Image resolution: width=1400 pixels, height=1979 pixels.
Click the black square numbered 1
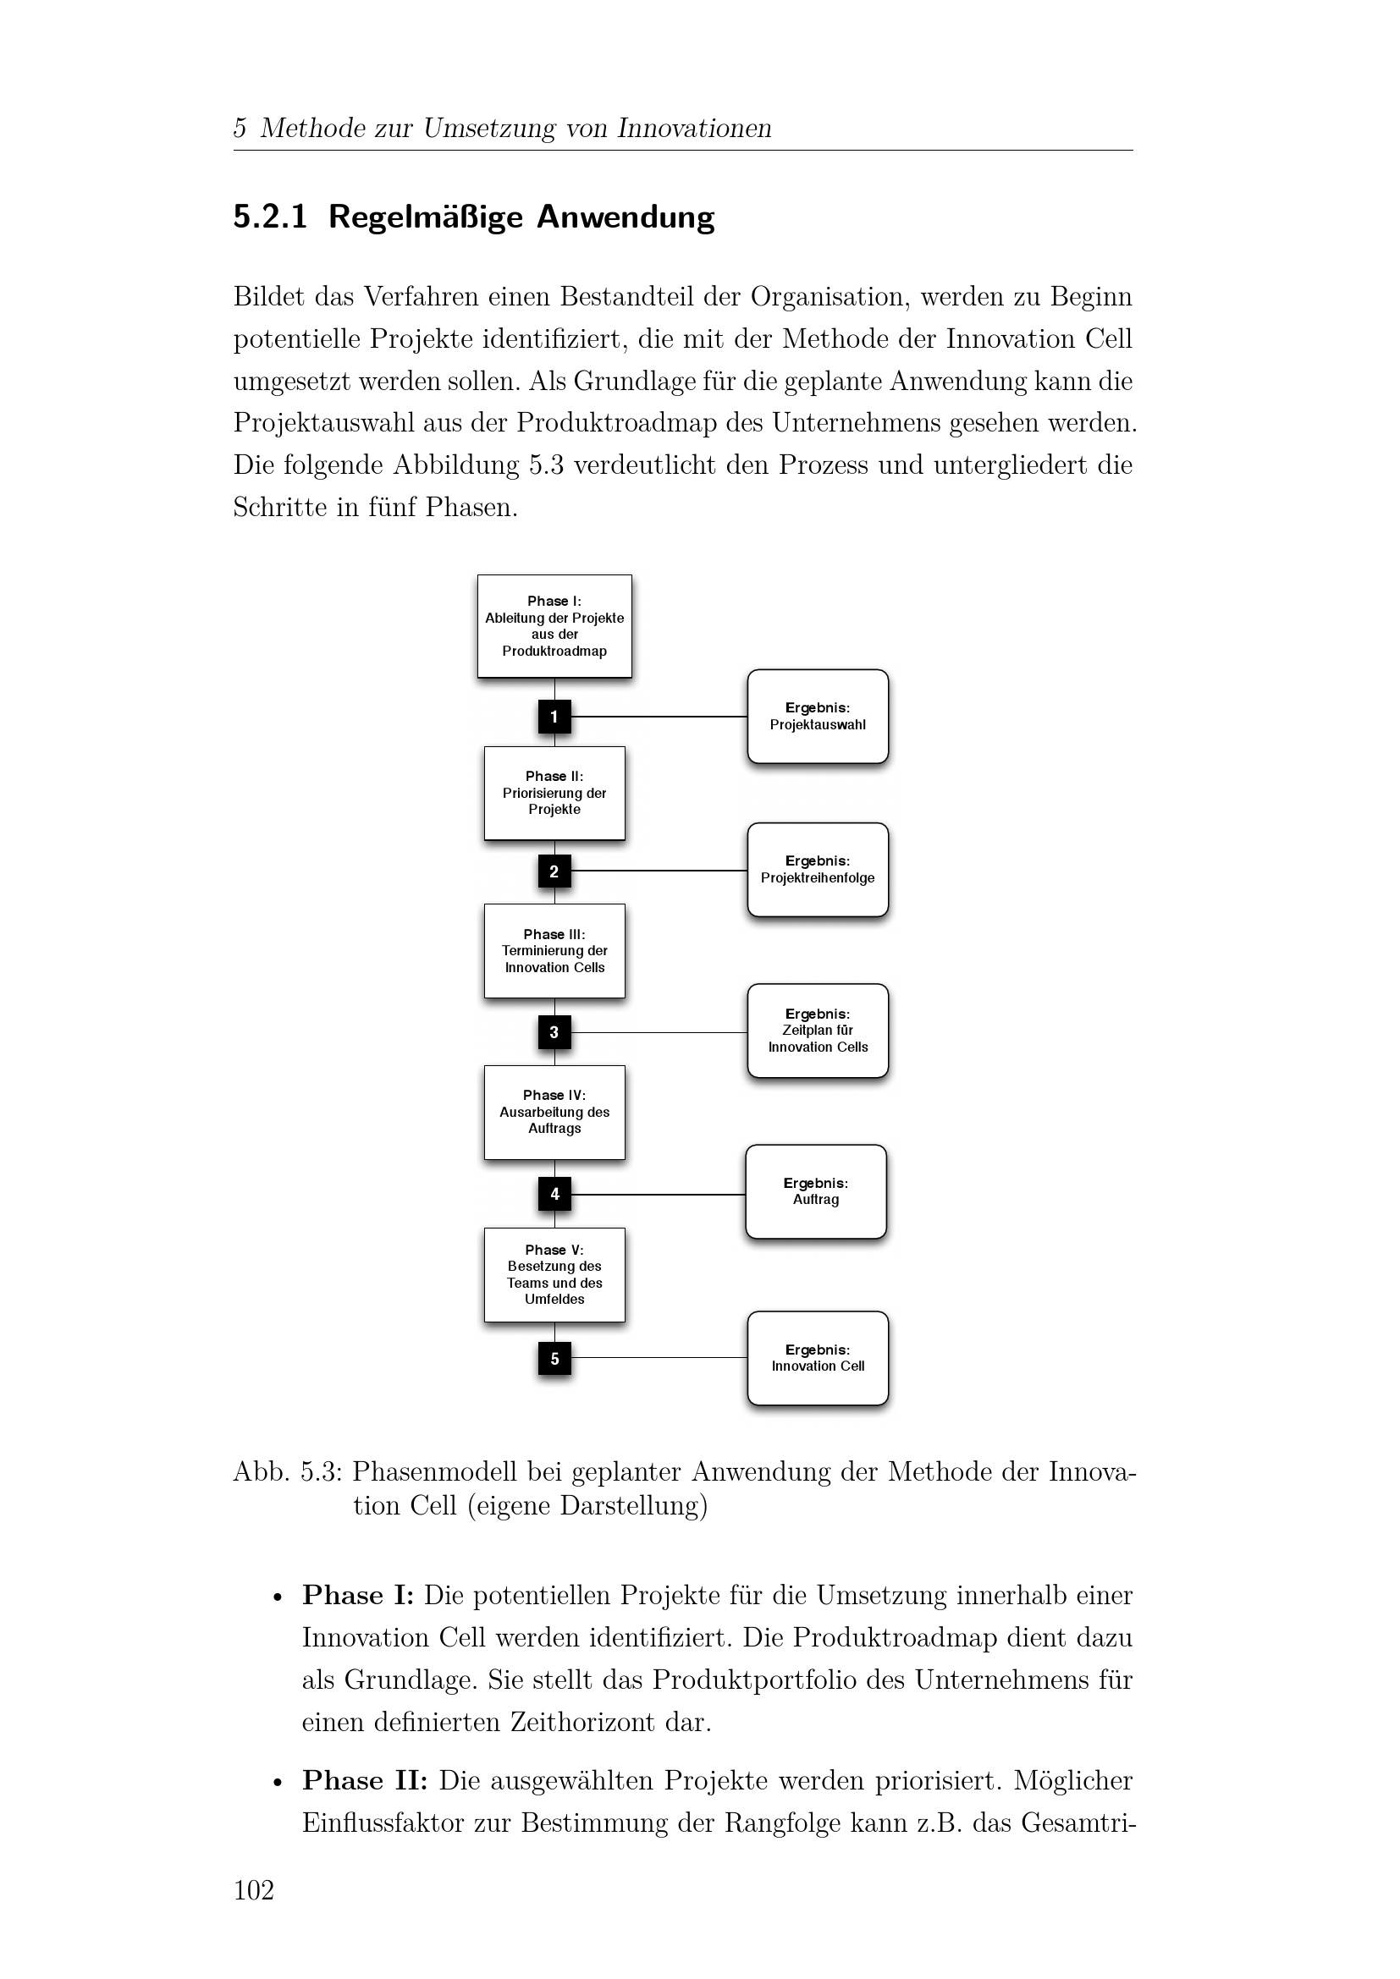coord(554,717)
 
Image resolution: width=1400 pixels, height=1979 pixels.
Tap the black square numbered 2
coord(554,871)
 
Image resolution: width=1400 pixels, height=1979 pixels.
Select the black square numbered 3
coord(554,1031)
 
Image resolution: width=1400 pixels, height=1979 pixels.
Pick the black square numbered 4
coord(554,1194)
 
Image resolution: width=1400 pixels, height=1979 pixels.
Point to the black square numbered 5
coord(554,1359)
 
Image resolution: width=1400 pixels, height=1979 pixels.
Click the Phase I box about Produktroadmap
coord(554,626)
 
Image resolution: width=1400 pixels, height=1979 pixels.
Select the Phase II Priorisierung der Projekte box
coord(554,793)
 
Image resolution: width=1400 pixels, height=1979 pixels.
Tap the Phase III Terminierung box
coord(554,951)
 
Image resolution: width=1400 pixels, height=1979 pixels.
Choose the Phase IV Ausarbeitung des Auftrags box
coord(554,1112)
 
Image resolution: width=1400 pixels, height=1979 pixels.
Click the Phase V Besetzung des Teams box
coord(554,1275)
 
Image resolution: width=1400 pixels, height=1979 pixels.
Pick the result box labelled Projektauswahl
coord(818,717)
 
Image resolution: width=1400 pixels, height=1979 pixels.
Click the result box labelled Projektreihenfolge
coord(818,870)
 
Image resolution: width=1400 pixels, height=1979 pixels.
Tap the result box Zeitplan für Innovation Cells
coord(818,1031)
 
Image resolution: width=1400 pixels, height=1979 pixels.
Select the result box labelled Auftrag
coord(815,1191)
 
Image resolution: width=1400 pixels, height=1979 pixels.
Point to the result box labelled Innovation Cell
coord(818,1359)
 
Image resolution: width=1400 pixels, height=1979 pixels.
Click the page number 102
coord(253,1889)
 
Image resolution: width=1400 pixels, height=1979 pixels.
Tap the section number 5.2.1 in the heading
coord(270,217)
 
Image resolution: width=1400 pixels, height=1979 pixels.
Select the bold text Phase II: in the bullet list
coord(365,1780)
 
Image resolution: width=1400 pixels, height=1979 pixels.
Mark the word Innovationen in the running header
coord(694,129)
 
